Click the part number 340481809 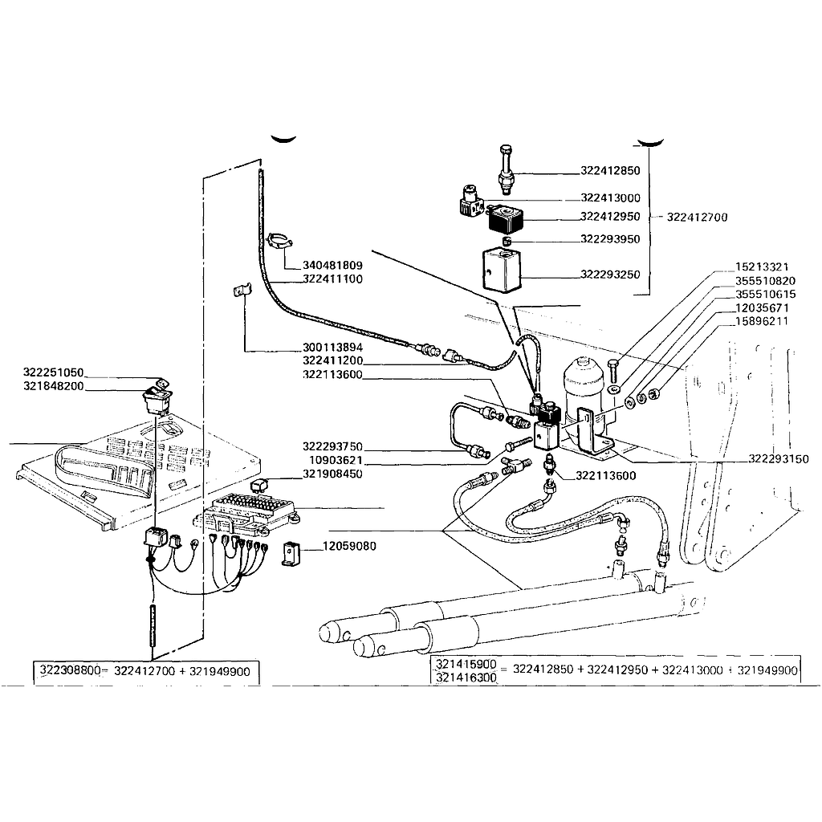332,266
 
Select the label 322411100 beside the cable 332,279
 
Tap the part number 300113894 332,348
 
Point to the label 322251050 54,373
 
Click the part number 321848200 54,386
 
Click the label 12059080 349,547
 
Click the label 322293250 610,275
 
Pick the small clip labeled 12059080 291,553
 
